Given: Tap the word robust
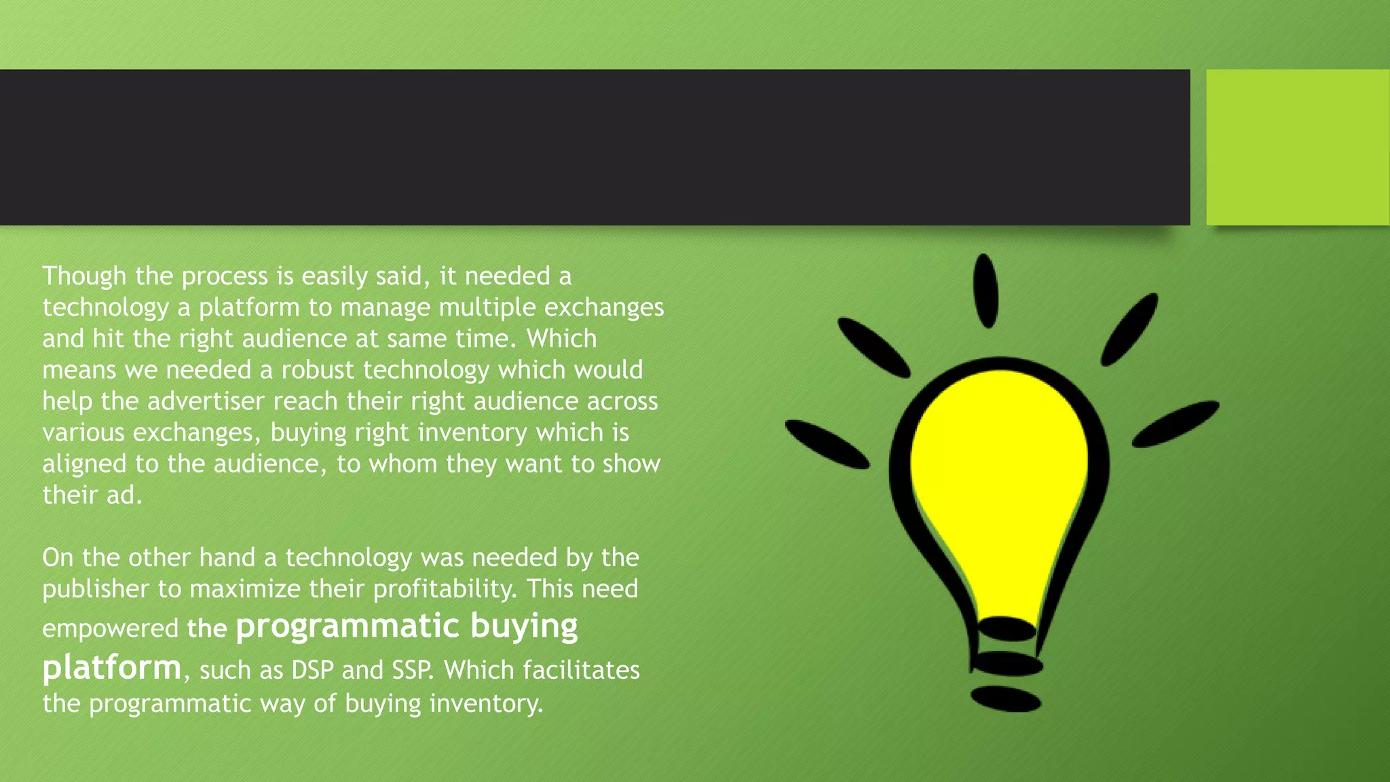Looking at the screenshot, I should pos(318,370).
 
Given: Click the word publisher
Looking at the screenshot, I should pos(95,589).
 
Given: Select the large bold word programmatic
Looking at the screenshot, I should pos(347,626).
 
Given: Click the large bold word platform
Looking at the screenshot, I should pos(112,667).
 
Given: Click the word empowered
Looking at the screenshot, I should pos(110,629).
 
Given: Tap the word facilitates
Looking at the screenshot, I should pos(580,670).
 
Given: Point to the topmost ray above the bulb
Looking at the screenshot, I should pos(985,291).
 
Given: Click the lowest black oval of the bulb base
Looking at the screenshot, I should pos(1005,699).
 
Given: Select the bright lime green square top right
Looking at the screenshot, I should pos(1297,147).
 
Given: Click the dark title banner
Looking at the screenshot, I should pos(594,147).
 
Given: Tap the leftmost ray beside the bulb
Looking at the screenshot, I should pos(827,445).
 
